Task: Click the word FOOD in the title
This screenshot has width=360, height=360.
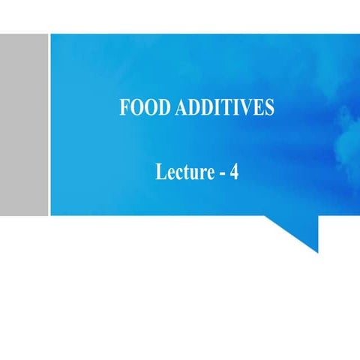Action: (x=144, y=108)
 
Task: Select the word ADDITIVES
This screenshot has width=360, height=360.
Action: (x=224, y=108)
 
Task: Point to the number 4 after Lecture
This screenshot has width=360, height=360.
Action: (x=234, y=172)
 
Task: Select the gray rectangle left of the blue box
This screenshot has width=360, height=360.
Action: (x=23, y=124)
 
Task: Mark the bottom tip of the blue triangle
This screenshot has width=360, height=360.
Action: (x=317, y=251)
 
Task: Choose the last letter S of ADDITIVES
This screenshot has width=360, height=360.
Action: (x=268, y=108)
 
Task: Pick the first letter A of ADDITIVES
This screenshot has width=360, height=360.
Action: (x=181, y=108)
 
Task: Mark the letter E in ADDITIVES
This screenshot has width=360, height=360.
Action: (x=257, y=108)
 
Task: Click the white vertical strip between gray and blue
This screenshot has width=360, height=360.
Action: (x=49, y=124)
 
